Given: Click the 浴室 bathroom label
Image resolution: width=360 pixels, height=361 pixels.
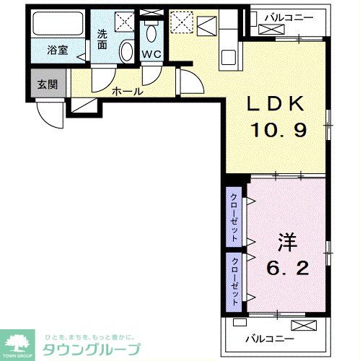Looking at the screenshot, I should coord(57,51).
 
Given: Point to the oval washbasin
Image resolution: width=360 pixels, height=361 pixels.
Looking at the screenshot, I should coord(126,51).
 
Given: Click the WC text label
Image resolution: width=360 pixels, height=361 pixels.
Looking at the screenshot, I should coord(152,54).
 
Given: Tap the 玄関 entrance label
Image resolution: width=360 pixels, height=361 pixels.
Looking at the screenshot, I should coord(48,84).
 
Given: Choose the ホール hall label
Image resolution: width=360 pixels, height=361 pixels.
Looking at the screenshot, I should coord(127,91).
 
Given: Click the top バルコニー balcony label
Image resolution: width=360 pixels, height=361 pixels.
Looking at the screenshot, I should coord(286,14).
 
